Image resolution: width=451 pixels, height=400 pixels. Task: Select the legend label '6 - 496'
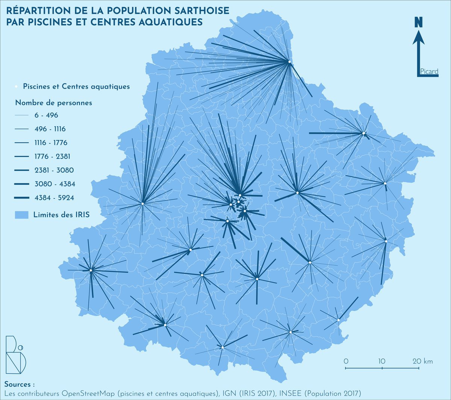coord(46,115)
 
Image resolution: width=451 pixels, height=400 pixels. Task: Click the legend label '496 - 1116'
coord(50,129)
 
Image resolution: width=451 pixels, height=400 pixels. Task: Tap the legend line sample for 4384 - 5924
coord(22,198)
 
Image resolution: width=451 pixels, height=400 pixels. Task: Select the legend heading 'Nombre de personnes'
coord(53,103)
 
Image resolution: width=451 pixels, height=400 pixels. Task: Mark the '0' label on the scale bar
coord(346,361)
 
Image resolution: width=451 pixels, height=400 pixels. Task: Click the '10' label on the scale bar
coord(382,361)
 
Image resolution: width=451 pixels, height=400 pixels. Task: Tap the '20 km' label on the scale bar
coord(423,361)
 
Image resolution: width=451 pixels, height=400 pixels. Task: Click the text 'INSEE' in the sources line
coord(292,393)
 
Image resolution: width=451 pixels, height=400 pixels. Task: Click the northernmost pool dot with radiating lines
coord(289,62)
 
